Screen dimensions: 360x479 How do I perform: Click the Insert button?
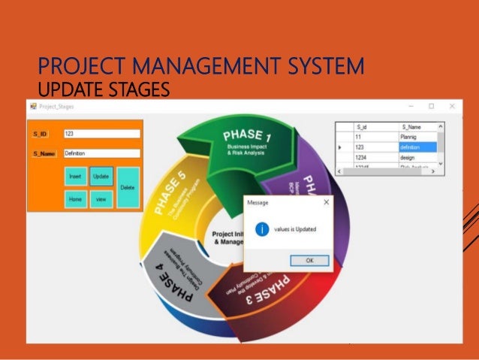[75, 177]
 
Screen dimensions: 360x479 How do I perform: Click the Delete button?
[128, 186]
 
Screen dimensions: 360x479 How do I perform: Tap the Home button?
[75, 199]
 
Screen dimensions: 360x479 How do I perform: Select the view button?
[101, 199]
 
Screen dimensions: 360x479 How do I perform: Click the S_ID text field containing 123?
[102, 134]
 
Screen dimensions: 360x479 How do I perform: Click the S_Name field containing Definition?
[102, 153]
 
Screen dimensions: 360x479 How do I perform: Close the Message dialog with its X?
[326, 202]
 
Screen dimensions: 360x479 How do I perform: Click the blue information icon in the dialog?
[262, 230]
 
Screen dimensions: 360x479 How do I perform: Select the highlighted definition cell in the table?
[417, 148]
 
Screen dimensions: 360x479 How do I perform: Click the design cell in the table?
[417, 158]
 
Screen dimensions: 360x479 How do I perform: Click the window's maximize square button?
[431, 107]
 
